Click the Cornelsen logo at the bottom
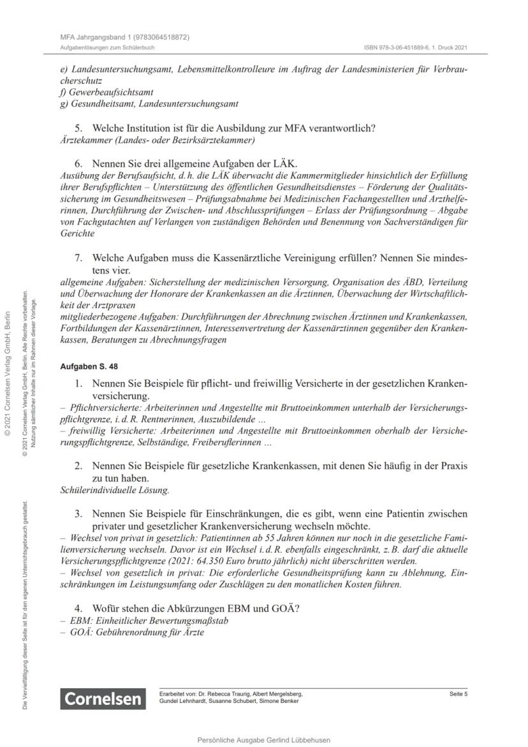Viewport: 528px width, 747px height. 102,699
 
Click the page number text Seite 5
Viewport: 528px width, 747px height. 458,693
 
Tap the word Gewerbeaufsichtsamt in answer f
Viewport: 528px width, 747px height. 106,92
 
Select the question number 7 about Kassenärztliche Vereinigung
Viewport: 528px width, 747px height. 79,258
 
